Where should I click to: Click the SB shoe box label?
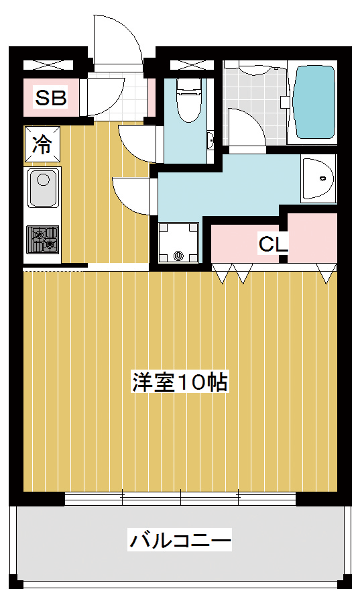tap(51, 97)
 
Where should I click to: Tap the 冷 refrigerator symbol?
tap(42, 144)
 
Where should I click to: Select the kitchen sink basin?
tap(43, 188)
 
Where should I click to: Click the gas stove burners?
tap(43, 239)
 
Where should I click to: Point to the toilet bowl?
tap(189, 99)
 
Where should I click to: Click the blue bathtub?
tap(315, 102)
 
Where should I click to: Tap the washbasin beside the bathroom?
tap(318, 178)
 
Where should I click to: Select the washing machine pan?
tap(178, 243)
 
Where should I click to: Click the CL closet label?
tap(272, 244)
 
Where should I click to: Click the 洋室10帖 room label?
tap(180, 382)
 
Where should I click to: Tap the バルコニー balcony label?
tap(180, 540)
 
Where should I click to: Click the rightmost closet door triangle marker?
tap(327, 274)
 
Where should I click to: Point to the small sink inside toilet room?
tap(210, 141)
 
